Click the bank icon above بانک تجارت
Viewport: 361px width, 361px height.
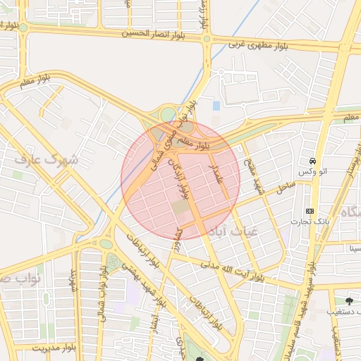(310, 211)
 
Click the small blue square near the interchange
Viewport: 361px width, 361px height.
(216, 106)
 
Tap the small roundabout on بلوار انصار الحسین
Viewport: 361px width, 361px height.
(207, 39)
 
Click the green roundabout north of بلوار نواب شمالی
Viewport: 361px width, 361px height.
(106, 244)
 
